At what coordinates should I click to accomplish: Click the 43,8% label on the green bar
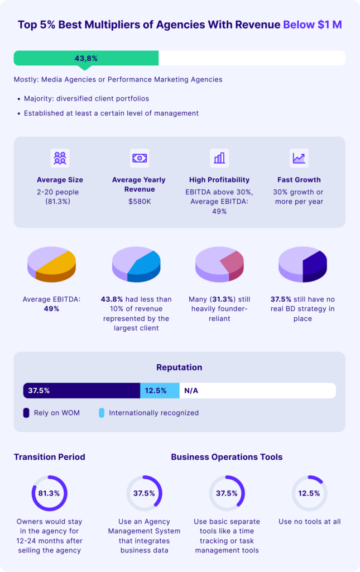tap(86, 58)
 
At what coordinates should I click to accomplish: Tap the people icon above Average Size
tap(60, 158)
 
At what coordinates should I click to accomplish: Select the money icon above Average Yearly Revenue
tap(139, 158)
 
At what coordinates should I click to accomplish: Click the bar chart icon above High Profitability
tap(219, 158)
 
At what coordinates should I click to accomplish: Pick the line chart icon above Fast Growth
tap(299, 158)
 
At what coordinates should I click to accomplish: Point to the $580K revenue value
tap(139, 201)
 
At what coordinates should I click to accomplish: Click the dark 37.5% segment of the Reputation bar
tap(81, 390)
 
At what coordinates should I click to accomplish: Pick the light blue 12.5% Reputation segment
tap(160, 390)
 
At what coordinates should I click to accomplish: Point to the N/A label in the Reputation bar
tap(191, 390)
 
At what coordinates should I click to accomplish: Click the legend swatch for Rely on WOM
tap(26, 413)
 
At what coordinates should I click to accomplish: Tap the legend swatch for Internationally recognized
tap(101, 413)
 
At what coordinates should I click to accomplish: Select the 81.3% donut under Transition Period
tap(49, 493)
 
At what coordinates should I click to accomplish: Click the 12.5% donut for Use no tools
tap(309, 493)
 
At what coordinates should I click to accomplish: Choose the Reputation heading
tap(179, 368)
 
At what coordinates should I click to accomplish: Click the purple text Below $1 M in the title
tap(312, 25)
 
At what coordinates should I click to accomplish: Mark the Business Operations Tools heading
tap(227, 457)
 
